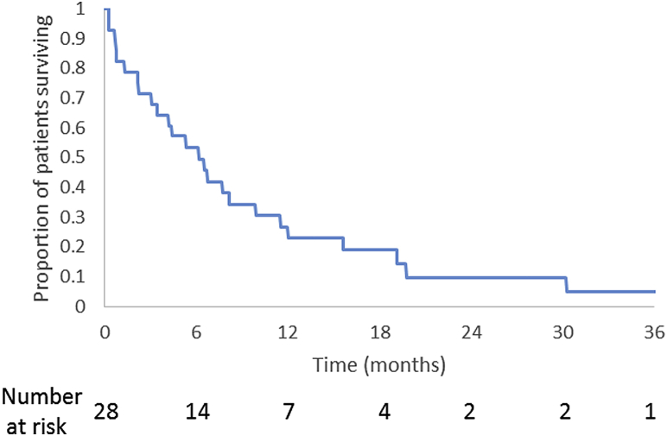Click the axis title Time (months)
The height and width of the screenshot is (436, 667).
tap(378, 365)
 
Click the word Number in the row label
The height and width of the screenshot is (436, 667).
tap(41, 396)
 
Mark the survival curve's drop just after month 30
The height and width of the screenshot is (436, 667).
tap(566, 284)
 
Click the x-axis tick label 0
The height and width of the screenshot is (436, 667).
tap(104, 332)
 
